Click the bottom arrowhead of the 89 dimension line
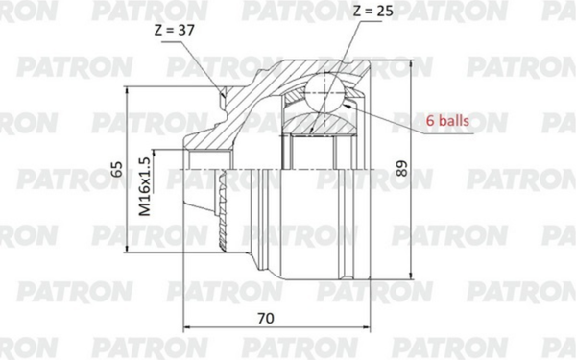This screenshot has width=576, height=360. [410, 279]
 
